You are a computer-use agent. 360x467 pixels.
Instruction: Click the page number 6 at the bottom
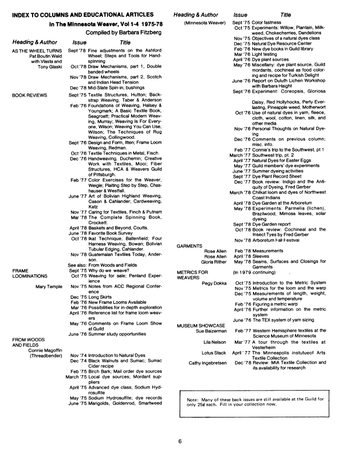click(x=180, y=441)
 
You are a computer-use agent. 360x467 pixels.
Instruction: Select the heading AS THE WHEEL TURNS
click(x=37, y=51)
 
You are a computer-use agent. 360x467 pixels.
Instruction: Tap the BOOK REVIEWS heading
click(x=30, y=94)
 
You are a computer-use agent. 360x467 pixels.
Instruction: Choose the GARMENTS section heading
click(x=189, y=245)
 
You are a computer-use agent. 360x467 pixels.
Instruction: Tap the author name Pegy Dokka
click(x=214, y=283)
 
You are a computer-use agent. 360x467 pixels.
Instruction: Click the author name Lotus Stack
click(x=215, y=353)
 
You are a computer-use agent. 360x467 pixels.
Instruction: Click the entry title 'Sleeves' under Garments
click(x=261, y=256)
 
